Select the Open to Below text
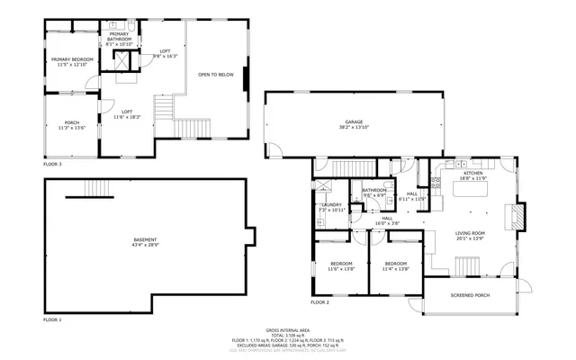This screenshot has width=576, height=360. pyautogui.click(x=215, y=75)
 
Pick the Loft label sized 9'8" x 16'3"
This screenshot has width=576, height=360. pyautogui.click(x=165, y=51)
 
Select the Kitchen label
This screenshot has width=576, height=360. pyautogui.click(x=473, y=173)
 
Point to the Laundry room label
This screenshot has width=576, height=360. pyautogui.click(x=331, y=205)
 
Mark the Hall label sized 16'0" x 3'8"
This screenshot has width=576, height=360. pyautogui.click(x=387, y=218)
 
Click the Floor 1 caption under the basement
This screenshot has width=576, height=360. pyautogui.click(x=52, y=319)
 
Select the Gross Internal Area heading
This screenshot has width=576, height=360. pyautogui.click(x=286, y=330)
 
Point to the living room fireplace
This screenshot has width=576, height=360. pyautogui.click(x=516, y=217)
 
